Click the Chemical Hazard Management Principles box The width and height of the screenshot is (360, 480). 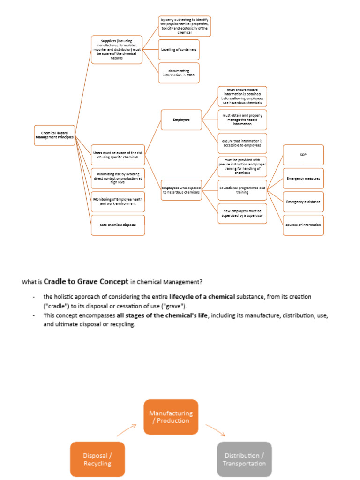(55, 135)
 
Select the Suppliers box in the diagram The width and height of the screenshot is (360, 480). (116, 50)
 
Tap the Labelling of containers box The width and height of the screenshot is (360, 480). (179, 50)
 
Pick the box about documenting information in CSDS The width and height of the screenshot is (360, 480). (179, 73)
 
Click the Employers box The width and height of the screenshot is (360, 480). (181, 120)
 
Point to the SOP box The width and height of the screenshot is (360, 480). (303, 155)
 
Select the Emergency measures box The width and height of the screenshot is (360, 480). (303, 179)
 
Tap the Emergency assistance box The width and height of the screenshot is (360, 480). (303, 202)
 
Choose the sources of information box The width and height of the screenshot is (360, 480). (303, 225)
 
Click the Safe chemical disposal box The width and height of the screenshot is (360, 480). (118, 225)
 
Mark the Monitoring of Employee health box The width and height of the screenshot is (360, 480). (118, 202)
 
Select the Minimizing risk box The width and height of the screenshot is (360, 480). (118, 179)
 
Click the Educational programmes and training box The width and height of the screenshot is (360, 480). (242, 190)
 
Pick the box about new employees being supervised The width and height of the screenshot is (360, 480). (242, 213)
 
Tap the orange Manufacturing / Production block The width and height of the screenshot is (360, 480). (171, 417)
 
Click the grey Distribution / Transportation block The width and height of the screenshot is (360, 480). (244, 459)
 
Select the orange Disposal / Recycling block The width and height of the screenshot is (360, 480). (97, 459)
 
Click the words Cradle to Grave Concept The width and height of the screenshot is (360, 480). (86, 282)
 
